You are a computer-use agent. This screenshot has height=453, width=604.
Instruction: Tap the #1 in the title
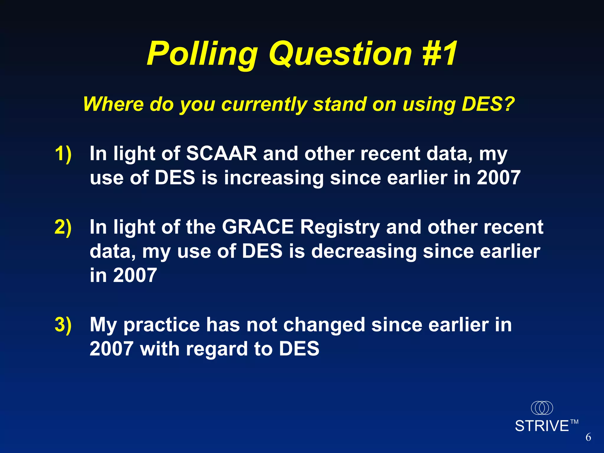(440, 54)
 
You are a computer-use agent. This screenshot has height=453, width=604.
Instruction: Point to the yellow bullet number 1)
(63, 154)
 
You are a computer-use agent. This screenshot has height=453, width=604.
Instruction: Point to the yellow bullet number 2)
(63, 227)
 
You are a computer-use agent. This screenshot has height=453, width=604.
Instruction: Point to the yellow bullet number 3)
(63, 325)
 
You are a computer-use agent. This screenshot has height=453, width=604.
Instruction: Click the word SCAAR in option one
(221, 154)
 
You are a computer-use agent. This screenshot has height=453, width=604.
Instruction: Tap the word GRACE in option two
(258, 227)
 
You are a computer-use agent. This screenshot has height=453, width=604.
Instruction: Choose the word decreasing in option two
(364, 252)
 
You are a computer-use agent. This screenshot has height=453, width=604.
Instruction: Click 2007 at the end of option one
(498, 178)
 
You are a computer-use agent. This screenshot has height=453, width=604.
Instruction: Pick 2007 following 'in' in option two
(135, 275)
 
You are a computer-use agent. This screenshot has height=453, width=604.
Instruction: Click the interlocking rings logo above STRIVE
(542, 408)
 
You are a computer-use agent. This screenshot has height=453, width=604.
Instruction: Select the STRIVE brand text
(542, 426)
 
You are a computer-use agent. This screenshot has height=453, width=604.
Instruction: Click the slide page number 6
(588, 437)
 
